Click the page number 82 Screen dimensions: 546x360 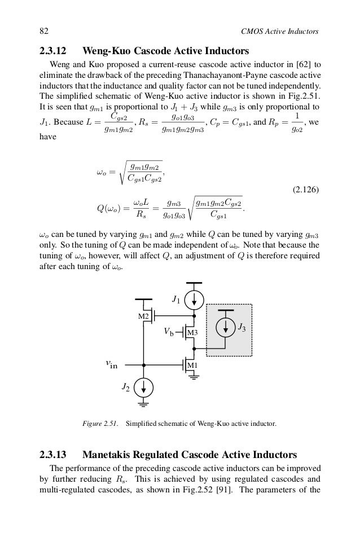tap(43, 30)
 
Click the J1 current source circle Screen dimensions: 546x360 tap(194, 299)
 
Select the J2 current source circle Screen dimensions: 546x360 tap(144, 387)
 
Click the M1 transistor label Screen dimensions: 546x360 tap(192, 366)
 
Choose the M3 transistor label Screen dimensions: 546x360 tap(192, 333)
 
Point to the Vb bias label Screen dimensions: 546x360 tap(168, 333)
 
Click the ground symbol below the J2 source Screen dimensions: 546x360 tap(144, 404)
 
